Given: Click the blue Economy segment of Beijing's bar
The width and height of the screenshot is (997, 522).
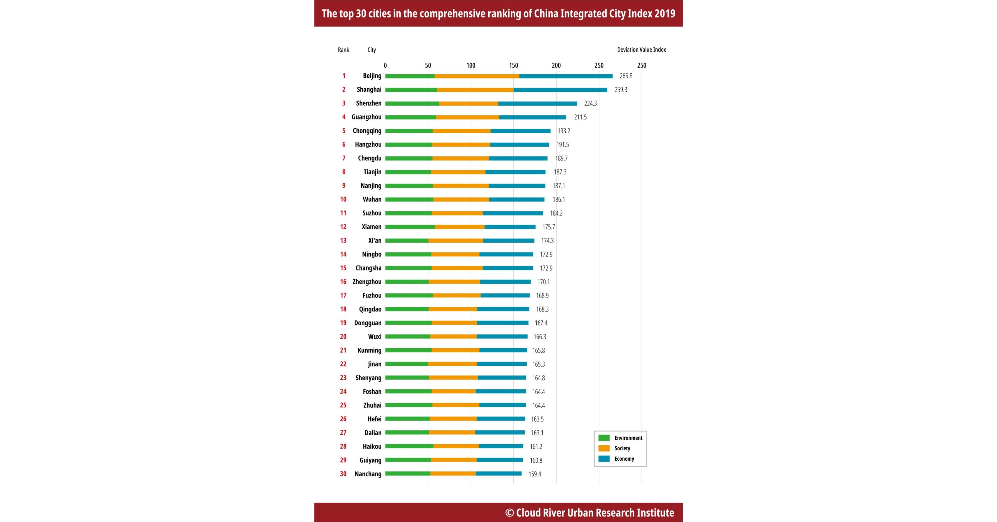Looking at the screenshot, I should (566, 76).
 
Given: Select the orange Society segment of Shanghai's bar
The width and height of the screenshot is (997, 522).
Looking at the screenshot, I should (475, 90).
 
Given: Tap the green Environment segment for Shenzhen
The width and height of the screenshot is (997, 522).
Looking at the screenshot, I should (412, 104).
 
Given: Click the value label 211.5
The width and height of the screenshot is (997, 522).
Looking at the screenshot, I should (580, 117).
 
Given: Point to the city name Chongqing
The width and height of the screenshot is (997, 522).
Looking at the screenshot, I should (367, 131).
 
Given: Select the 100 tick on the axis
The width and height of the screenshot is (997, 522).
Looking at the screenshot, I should (471, 65).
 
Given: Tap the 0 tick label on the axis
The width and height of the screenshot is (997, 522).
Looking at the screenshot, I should (385, 65).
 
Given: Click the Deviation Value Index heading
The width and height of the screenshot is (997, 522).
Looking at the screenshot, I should (641, 49).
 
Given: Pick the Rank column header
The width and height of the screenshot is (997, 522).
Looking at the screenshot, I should (343, 49).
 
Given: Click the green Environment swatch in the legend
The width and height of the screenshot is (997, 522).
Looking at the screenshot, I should (604, 438).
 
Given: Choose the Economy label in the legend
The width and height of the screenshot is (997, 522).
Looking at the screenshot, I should (624, 459).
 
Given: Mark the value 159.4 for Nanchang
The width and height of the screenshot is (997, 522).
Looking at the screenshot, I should (535, 474).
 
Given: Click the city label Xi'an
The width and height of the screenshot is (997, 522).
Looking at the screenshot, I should (375, 240).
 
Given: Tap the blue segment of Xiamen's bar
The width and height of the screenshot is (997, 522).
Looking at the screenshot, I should (510, 227).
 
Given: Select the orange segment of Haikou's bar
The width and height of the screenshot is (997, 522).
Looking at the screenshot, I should (456, 446).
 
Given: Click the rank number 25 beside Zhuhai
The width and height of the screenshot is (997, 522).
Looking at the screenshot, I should (343, 405).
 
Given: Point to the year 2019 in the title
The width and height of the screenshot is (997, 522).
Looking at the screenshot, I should (664, 14).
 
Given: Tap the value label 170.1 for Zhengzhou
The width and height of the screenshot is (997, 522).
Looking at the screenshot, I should (543, 282).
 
